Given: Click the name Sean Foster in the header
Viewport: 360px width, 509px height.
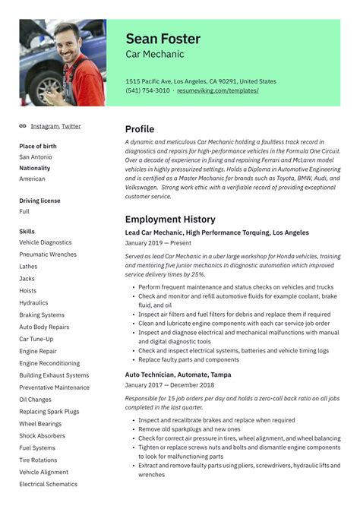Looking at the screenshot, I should (x=164, y=39).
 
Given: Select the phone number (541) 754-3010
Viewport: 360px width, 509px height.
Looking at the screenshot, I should (x=147, y=90).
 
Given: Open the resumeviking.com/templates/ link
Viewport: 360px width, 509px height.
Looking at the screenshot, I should (x=218, y=90).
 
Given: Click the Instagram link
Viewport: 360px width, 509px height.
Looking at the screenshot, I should (x=44, y=126).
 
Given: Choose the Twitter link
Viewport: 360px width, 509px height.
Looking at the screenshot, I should (x=71, y=126).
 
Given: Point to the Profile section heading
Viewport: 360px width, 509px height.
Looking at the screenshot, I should (x=140, y=129).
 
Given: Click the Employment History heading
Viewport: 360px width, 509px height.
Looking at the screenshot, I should (x=170, y=220).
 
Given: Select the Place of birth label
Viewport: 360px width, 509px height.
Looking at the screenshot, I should (x=37, y=146).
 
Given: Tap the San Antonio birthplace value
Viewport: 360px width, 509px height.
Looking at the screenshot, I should (x=36, y=157).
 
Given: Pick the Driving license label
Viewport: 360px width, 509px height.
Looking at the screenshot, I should (x=39, y=201).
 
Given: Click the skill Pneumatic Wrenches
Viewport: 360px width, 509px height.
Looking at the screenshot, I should (x=48, y=254).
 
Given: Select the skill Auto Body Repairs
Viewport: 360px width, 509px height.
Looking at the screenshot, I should (x=44, y=327).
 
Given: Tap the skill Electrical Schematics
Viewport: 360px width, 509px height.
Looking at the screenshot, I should (x=48, y=484).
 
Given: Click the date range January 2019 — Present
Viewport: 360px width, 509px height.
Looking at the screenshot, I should (x=159, y=245).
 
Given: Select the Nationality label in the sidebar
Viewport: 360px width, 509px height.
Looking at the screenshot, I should (x=35, y=168).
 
